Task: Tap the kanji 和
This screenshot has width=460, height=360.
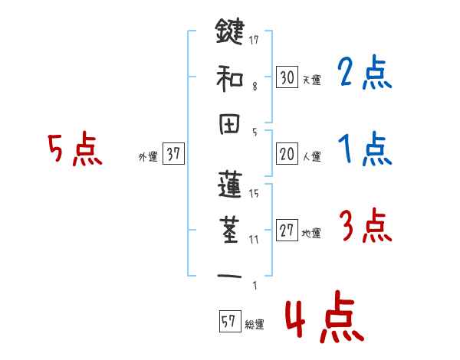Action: tap(229, 77)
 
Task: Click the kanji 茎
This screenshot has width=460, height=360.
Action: tap(229, 231)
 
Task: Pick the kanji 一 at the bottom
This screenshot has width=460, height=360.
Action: tap(229, 275)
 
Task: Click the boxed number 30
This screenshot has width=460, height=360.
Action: tap(287, 77)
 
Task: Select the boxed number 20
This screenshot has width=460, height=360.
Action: tap(287, 154)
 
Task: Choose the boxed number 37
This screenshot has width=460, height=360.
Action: tap(173, 155)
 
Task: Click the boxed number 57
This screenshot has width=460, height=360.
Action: tap(228, 322)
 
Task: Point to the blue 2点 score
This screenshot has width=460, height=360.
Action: tap(366, 75)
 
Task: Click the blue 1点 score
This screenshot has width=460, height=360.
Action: tap(366, 149)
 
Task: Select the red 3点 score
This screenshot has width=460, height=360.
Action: tap(366, 227)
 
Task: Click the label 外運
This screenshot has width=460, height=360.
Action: tap(147, 156)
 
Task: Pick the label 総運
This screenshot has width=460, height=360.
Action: tap(255, 325)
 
